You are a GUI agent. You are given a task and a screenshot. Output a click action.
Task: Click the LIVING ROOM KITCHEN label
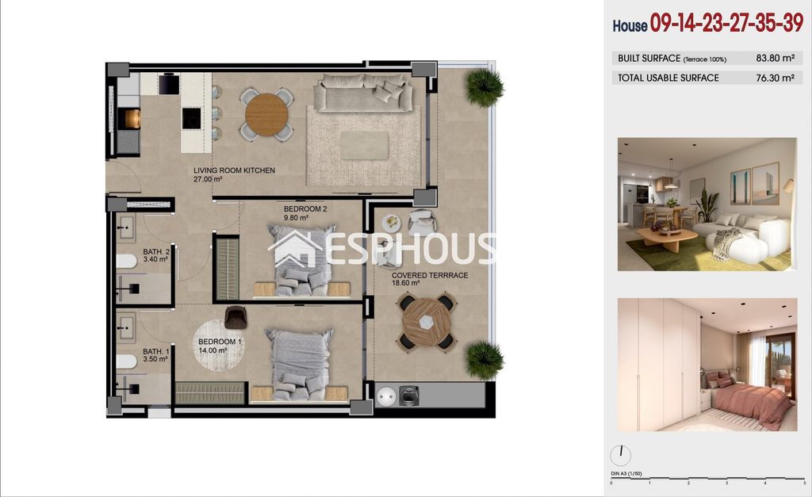pos(234,170)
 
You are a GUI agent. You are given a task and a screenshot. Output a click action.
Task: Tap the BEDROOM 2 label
pos(305,209)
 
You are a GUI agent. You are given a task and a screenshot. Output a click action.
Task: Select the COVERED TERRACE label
pos(430,275)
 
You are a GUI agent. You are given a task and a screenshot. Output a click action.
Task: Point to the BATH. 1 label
pos(156,351)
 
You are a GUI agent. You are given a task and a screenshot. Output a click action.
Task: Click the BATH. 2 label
pos(156,252)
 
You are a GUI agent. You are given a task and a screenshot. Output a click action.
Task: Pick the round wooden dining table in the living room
pos(266,114)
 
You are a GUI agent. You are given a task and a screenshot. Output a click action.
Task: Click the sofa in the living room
pos(363,92)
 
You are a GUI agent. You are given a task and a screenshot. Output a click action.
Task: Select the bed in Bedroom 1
pos(300,365)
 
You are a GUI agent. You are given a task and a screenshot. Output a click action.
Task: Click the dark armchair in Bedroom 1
pos(236,317)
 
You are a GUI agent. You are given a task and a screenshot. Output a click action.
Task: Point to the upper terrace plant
pos(485,87)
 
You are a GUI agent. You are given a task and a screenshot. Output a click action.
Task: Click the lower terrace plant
pos(485,360)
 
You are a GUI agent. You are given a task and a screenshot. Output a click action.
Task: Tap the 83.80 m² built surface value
pos(775,58)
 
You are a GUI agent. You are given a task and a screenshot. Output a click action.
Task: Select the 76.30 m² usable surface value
pos(775,78)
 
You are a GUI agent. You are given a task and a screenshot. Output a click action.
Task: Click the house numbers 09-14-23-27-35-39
pos(726,23)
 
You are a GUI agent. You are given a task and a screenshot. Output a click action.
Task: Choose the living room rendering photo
pos(707,204)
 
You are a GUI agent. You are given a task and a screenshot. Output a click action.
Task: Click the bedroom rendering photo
pos(707,365)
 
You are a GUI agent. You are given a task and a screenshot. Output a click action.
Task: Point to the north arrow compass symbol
pos(620,456)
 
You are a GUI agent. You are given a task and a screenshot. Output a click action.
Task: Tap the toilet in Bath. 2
pos(126,262)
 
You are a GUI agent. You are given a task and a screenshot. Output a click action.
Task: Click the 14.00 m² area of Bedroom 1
pos(213,350)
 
